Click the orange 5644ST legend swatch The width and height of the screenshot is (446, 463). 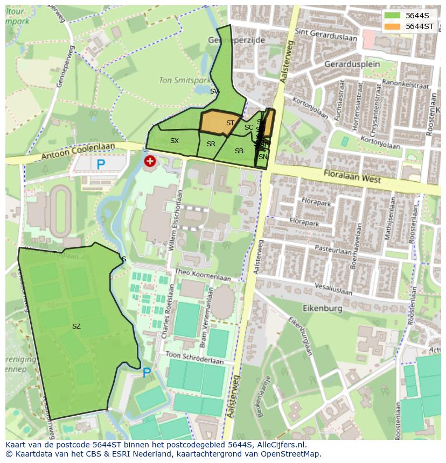click(393, 26)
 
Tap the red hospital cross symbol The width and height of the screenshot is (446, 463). click(150, 161)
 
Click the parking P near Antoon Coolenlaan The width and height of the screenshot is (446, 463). click(100, 165)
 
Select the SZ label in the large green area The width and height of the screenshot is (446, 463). click(76, 326)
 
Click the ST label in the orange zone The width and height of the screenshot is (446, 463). click(230, 123)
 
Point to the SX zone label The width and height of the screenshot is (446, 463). click(174, 141)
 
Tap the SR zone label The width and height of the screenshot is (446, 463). click(211, 144)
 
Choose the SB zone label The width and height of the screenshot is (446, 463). click(239, 151)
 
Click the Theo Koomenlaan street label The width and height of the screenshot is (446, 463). click(203, 275)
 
